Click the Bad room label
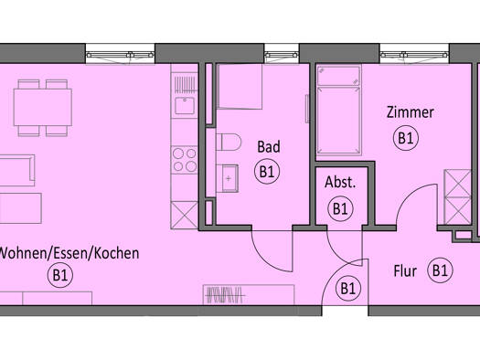pos(269,147)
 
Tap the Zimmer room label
pos(411,112)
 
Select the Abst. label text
pos(340,183)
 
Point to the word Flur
pos(405,271)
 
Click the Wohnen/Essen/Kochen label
pos(69,253)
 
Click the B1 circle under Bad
pos(267,172)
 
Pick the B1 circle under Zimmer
pos(406,138)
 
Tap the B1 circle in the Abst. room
pos(340,209)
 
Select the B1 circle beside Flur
pos(440,270)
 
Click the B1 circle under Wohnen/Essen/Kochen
pos(60,275)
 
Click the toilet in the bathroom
pos(229,142)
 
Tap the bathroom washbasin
pos(228,178)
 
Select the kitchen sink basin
pos(185,105)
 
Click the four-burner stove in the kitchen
pos(185,160)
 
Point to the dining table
pos(43,107)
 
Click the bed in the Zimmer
pos(338,111)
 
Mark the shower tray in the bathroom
pos(240,87)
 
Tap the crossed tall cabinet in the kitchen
pos(185,215)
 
